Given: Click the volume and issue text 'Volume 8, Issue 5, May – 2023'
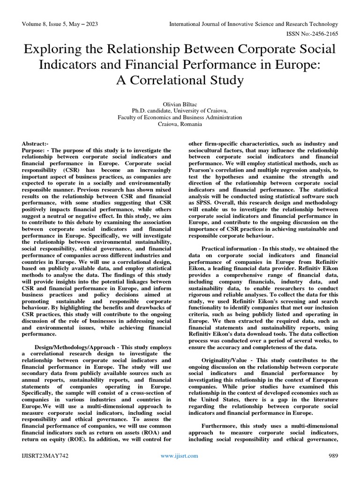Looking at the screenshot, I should [60, 24].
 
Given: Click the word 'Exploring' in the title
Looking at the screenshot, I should [53, 49].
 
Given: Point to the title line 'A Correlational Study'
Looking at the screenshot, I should [180, 80].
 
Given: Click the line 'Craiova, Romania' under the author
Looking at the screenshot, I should [180, 124].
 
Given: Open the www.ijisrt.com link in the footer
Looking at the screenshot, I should [180, 456].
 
